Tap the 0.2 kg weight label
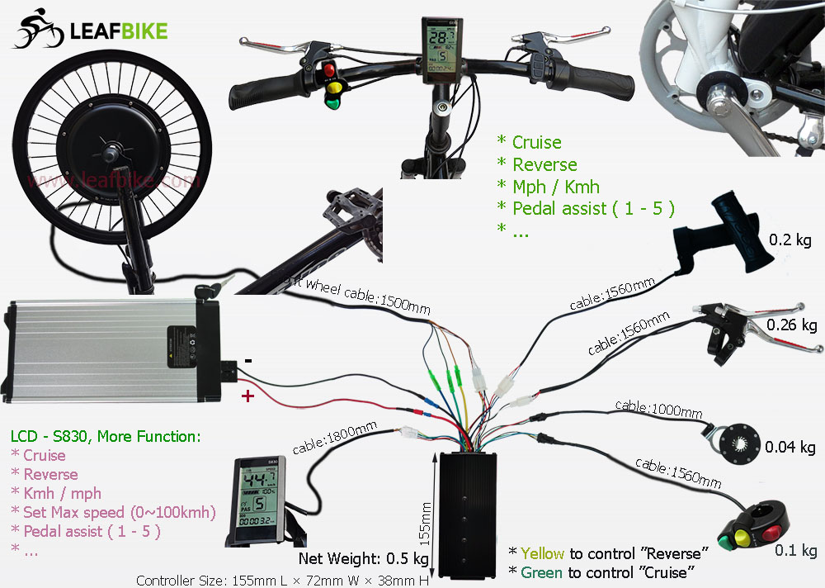791,240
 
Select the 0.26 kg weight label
791,325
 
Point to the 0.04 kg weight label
790,448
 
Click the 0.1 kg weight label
795,551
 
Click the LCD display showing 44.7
258,502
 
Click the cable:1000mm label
658,407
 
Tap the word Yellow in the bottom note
543,552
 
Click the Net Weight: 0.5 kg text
364,559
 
